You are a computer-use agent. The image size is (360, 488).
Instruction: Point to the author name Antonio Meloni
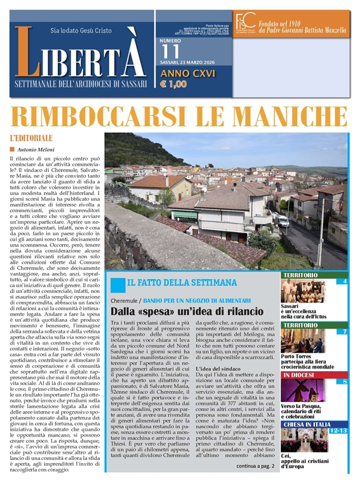point(39,149)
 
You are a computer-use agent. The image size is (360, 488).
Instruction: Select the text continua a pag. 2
point(255,466)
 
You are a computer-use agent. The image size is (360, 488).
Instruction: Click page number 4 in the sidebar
point(345,281)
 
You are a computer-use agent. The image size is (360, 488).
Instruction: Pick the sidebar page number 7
point(345,332)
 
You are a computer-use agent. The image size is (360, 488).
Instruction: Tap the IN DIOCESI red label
point(299,376)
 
